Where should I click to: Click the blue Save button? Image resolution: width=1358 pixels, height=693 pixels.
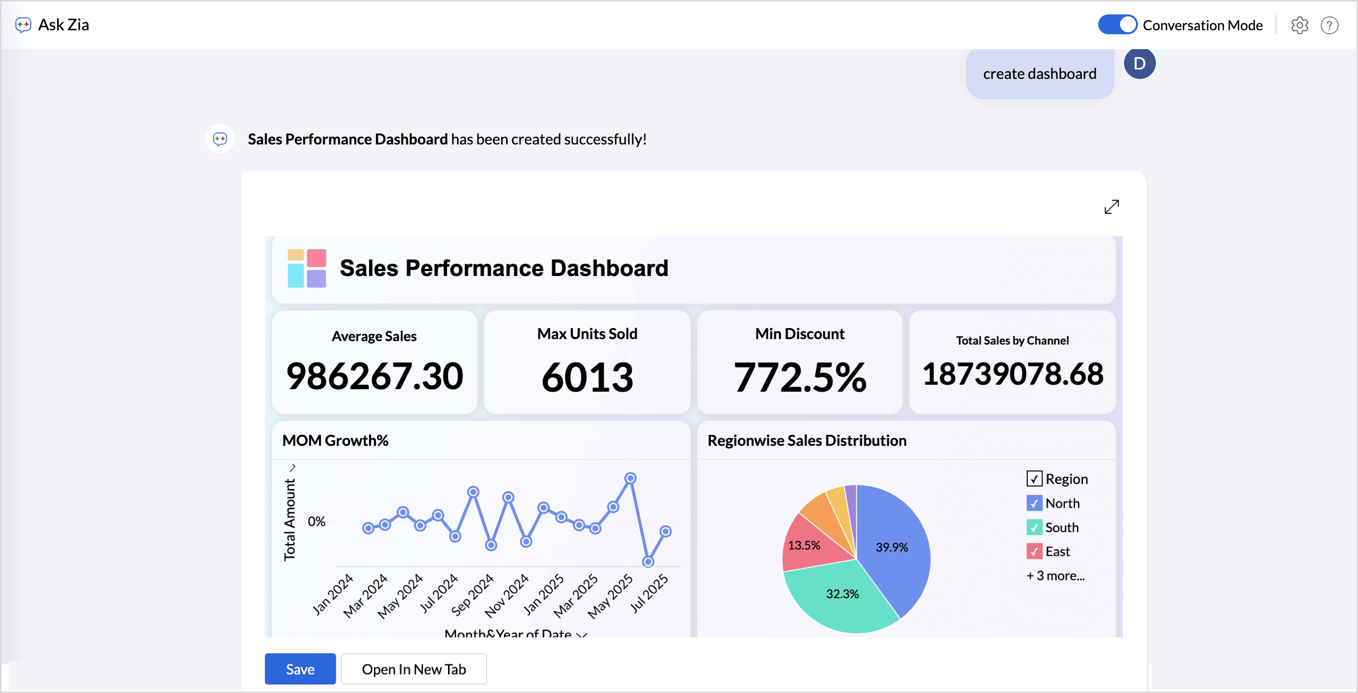tap(300, 669)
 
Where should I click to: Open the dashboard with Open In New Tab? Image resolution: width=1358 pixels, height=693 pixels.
tap(414, 669)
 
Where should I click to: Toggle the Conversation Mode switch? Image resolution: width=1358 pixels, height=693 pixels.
tap(1117, 25)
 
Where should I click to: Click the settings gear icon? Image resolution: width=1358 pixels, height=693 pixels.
tap(1299, 25)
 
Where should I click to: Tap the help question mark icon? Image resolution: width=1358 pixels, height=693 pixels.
tap(1329, 25)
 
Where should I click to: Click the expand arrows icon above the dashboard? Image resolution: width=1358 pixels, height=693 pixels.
tap(1111, 207)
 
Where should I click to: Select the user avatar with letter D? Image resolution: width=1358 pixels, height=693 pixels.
tap(1139, 63)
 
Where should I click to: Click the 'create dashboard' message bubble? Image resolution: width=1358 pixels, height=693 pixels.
tap(1040, 74)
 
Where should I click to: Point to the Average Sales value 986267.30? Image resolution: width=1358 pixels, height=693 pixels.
tap(375, 376)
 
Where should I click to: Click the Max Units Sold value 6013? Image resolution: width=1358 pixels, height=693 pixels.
tap(587, 377)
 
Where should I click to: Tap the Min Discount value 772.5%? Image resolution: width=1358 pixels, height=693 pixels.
tap(800, 377)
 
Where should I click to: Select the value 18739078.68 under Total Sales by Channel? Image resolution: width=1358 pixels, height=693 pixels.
tap(1012, 374)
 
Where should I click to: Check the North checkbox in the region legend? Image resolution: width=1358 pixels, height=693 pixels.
tap(1034, 503)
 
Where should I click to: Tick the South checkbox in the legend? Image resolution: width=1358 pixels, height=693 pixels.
tap(1034, 528)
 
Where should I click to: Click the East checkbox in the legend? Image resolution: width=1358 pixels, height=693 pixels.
tap(1034, 552)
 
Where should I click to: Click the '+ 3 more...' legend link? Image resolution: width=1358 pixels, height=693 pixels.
tap(1056, 575)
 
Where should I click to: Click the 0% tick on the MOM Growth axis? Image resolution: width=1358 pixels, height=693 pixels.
tap(316, 522)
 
